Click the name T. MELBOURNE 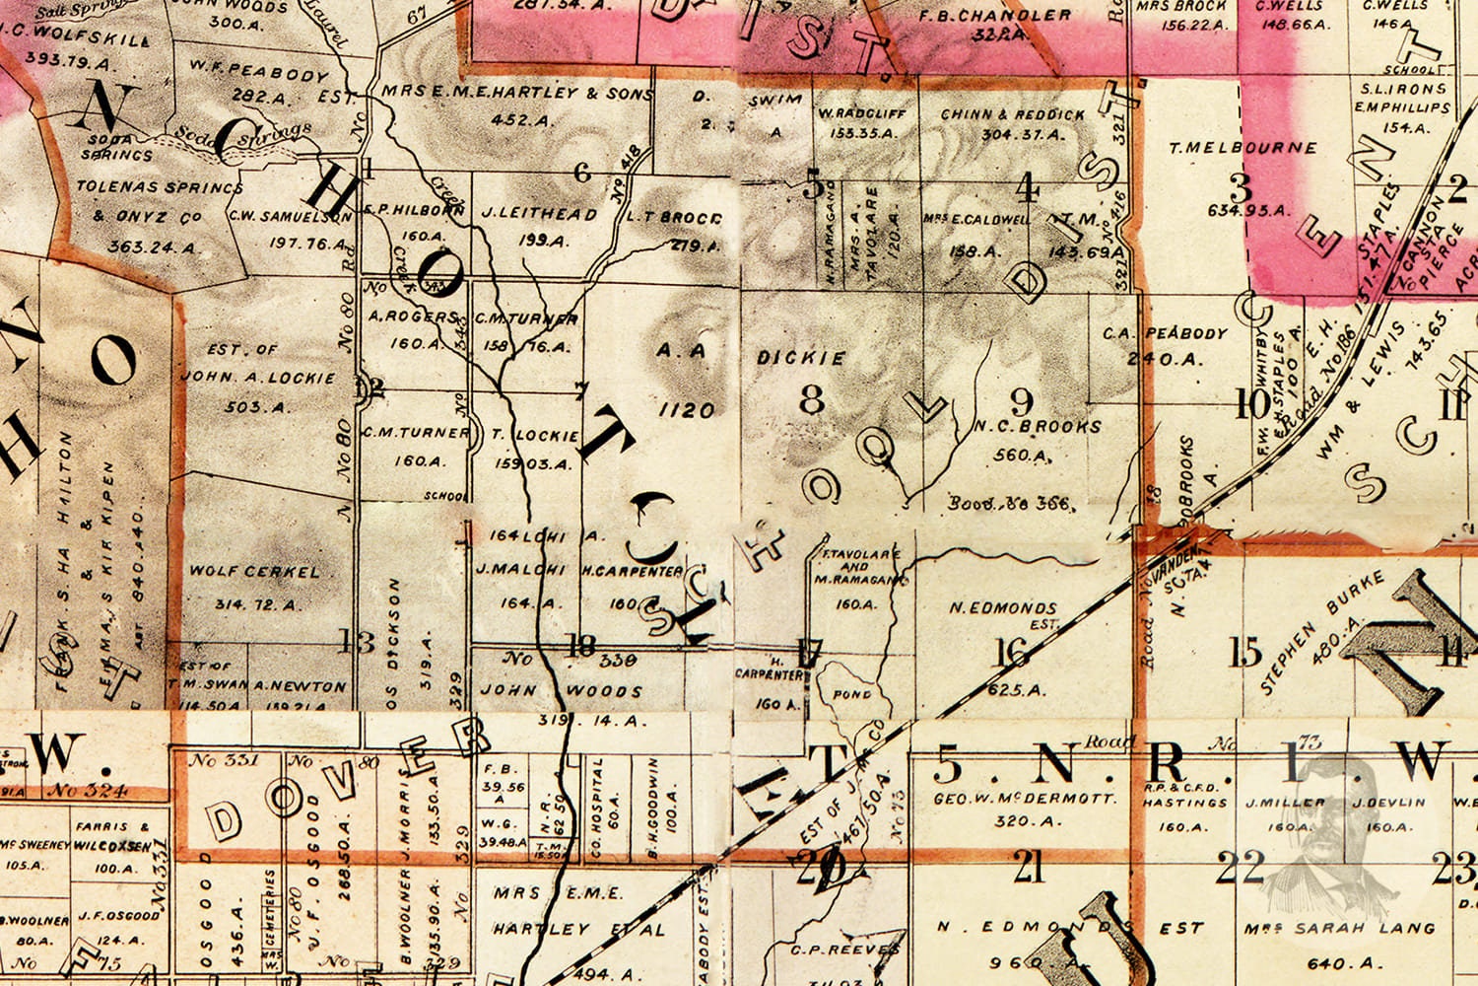[x=1243, y=148]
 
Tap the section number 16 [x=1012, y=652]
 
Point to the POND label [x=851, y=694]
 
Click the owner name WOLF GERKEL [x=254, y=571]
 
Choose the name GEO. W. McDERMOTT [x=1025, y=798]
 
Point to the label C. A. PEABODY [x=1165, y=333]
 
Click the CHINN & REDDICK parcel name [x=1012, y=114]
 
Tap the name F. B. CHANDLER [x=994, y=16]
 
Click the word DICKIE [x=801, y=358]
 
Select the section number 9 [x=1022, y=401]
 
